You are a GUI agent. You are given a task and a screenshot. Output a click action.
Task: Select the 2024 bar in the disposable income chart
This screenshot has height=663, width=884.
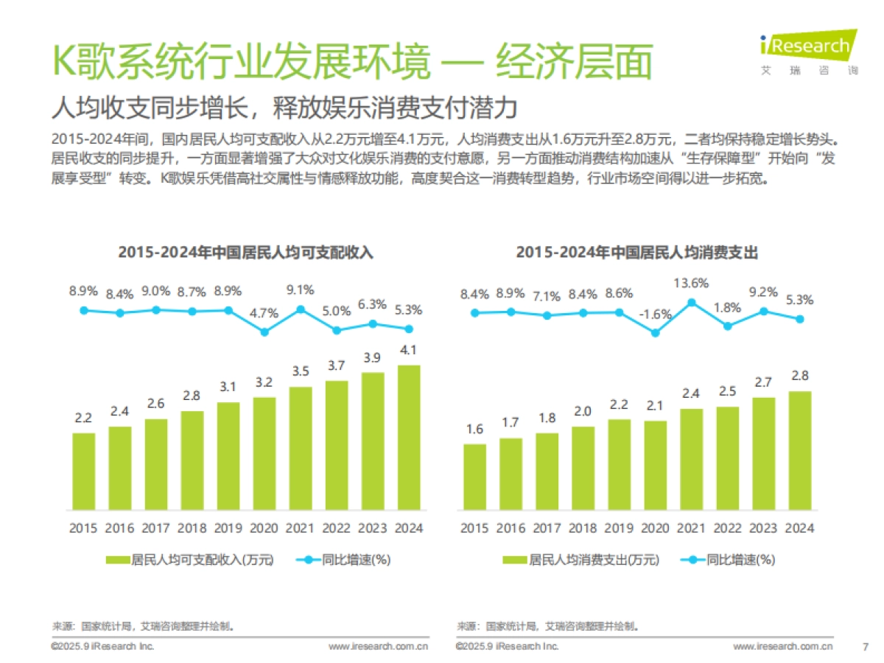pos(409,438)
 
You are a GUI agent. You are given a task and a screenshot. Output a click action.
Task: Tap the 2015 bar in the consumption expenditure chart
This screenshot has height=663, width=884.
pos(474,477)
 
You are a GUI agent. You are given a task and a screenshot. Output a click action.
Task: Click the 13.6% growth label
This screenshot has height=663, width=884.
pos(691,283)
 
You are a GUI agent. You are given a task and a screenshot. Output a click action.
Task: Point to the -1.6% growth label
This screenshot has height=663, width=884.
pos(655,315)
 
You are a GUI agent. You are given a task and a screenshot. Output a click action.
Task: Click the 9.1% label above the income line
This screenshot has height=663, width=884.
pos(301,290)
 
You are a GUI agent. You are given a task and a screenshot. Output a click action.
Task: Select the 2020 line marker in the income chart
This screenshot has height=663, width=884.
pos(264,331)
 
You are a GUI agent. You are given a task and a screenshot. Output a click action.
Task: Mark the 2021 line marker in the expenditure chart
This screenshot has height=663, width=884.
pos(691,302)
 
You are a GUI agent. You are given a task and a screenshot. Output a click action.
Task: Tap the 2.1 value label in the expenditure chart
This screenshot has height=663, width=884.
pos(655,406)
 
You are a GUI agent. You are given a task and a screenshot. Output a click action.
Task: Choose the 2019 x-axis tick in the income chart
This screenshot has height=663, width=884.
pos(228,528)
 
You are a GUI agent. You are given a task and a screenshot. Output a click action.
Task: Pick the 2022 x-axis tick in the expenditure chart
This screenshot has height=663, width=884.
pos(727,528)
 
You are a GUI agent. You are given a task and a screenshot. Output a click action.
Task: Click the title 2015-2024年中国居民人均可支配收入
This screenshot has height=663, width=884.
pos(246,252)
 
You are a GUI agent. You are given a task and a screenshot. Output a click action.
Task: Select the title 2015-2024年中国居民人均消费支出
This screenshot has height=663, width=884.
pos(636,252)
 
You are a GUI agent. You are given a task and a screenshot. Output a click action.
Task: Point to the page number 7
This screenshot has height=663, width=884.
pos(865,647)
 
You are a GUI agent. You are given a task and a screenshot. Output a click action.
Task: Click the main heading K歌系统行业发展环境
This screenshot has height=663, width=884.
pos(239,62)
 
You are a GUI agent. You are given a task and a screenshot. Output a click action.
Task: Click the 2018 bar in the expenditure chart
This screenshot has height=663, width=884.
pos(583,468)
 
